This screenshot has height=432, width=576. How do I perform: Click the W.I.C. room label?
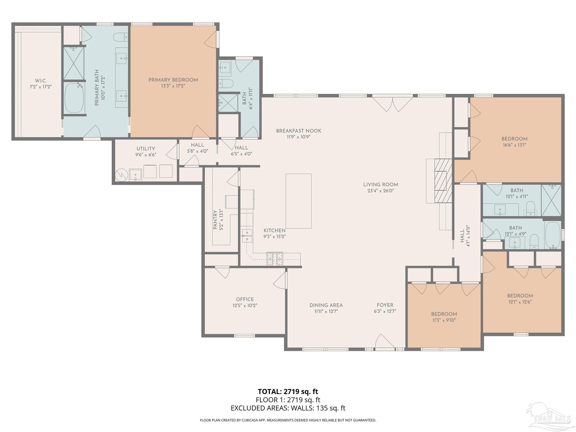click(x=41, y=81)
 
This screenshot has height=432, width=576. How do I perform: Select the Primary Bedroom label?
click(x=173, y=80)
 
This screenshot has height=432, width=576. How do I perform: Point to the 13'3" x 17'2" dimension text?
click(x=173, y=86)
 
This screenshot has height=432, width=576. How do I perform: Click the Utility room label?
click(x=146, y=149)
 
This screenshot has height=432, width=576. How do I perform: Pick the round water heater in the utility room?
click(x=121, y=175)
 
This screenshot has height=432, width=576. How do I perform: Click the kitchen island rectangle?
click(x=298, y=201)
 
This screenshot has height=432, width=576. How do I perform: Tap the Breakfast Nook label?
click(x=298, y=131)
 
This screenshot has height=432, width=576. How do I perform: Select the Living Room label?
click(x=381, y=184)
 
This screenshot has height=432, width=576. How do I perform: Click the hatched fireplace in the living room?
click(x=443, y=181)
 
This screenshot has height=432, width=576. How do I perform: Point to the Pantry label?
click(x=215, y=220)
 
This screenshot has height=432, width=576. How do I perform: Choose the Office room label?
click(x=245, y=300)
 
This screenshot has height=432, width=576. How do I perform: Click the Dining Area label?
click(x=326, y=305)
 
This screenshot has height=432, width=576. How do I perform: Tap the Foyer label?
click(x=385, y=305)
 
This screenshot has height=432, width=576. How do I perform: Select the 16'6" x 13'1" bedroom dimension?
click(x=514, y=145)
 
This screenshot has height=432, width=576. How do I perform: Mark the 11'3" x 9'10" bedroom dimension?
click(x=444, y=320)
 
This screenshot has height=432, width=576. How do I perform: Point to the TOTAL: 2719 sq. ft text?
click(x=288, y=391)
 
